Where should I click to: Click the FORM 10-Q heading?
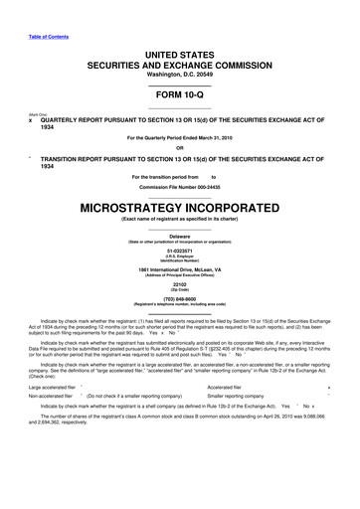[x=180, y=93]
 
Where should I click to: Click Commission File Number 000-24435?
[x=180, y=186]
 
